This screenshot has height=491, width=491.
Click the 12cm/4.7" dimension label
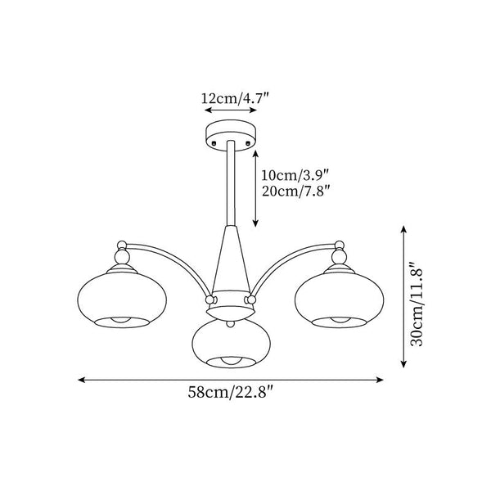tap(235, 99)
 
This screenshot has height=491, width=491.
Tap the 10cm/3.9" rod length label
tap(295, 175)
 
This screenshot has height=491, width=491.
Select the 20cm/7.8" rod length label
tap(295, 191)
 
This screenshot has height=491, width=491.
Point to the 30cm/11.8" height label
tap(417, 304)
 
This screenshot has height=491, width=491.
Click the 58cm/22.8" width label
tap(231, 392)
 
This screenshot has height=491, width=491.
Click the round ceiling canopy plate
tap(231, 135)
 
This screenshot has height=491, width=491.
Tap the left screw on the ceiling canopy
tap(214, 142)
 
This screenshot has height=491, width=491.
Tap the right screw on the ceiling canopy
tap(248, 142)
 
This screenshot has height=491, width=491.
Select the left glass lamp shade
tap(122, 300)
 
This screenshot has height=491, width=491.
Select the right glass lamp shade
tap(339, 300)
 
